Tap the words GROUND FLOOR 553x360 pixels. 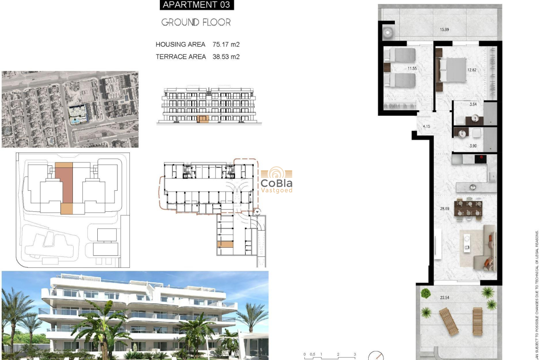click(196, 22)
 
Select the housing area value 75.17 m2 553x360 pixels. click(226, 45)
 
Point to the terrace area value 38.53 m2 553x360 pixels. click(226, 57)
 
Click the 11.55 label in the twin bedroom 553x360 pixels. click(412, 68)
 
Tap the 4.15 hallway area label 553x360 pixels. click(426, 126)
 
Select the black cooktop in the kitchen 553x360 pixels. click(481, 159)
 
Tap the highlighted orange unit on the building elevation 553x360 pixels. click(203, 119)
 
